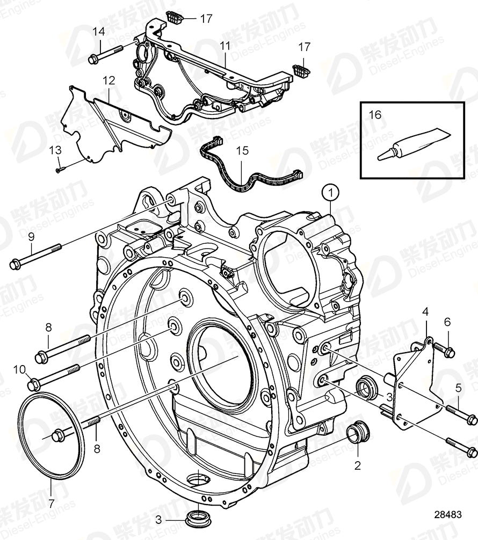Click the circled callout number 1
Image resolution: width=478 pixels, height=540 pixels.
[331, 191]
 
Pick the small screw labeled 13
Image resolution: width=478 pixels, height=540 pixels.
[60, 170]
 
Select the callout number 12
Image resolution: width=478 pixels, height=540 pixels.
[109, 81]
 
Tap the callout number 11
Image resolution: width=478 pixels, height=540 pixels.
[224, 46]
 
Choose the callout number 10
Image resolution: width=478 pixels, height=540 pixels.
[19, 369]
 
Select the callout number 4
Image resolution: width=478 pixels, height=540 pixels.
[425, 311]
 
